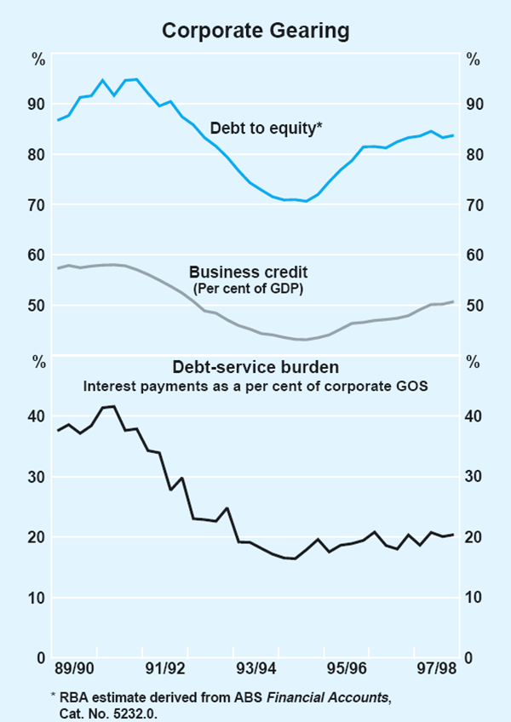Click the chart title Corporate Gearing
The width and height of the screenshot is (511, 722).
[255, 32]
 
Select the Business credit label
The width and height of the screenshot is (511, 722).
[248, 272]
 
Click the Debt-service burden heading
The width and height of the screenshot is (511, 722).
[256, 368]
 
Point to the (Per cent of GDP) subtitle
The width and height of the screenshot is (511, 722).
[247, 289]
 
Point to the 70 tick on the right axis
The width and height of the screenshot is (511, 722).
[473, 205]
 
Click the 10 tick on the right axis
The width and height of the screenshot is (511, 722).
[473, 598]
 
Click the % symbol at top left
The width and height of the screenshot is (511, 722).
[38, 60]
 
